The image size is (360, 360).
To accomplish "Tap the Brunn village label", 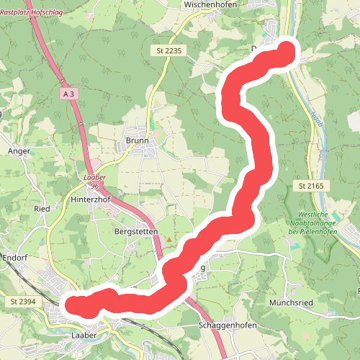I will [137, 140].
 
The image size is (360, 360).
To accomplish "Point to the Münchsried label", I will [292, 303].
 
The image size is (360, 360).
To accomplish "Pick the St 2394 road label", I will [23, 300].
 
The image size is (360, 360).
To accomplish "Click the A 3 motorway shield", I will [69, 94].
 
